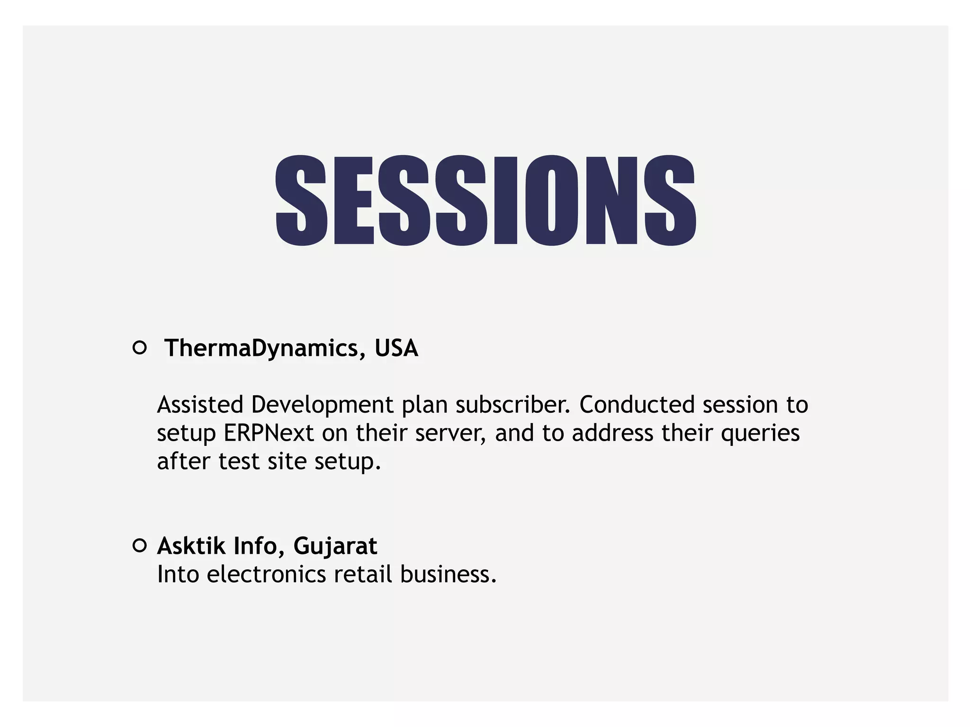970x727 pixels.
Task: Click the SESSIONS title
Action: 485,200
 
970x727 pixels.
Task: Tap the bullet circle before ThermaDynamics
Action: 140,348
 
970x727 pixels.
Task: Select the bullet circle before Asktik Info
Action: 140,546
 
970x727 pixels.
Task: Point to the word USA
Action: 396,348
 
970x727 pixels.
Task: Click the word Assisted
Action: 200,405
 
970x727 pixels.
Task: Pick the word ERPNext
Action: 269,433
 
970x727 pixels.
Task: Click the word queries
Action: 760,433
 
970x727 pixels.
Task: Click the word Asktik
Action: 191,546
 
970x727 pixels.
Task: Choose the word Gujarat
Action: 335,547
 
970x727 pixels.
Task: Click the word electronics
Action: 266,574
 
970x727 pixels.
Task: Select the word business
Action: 448,574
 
